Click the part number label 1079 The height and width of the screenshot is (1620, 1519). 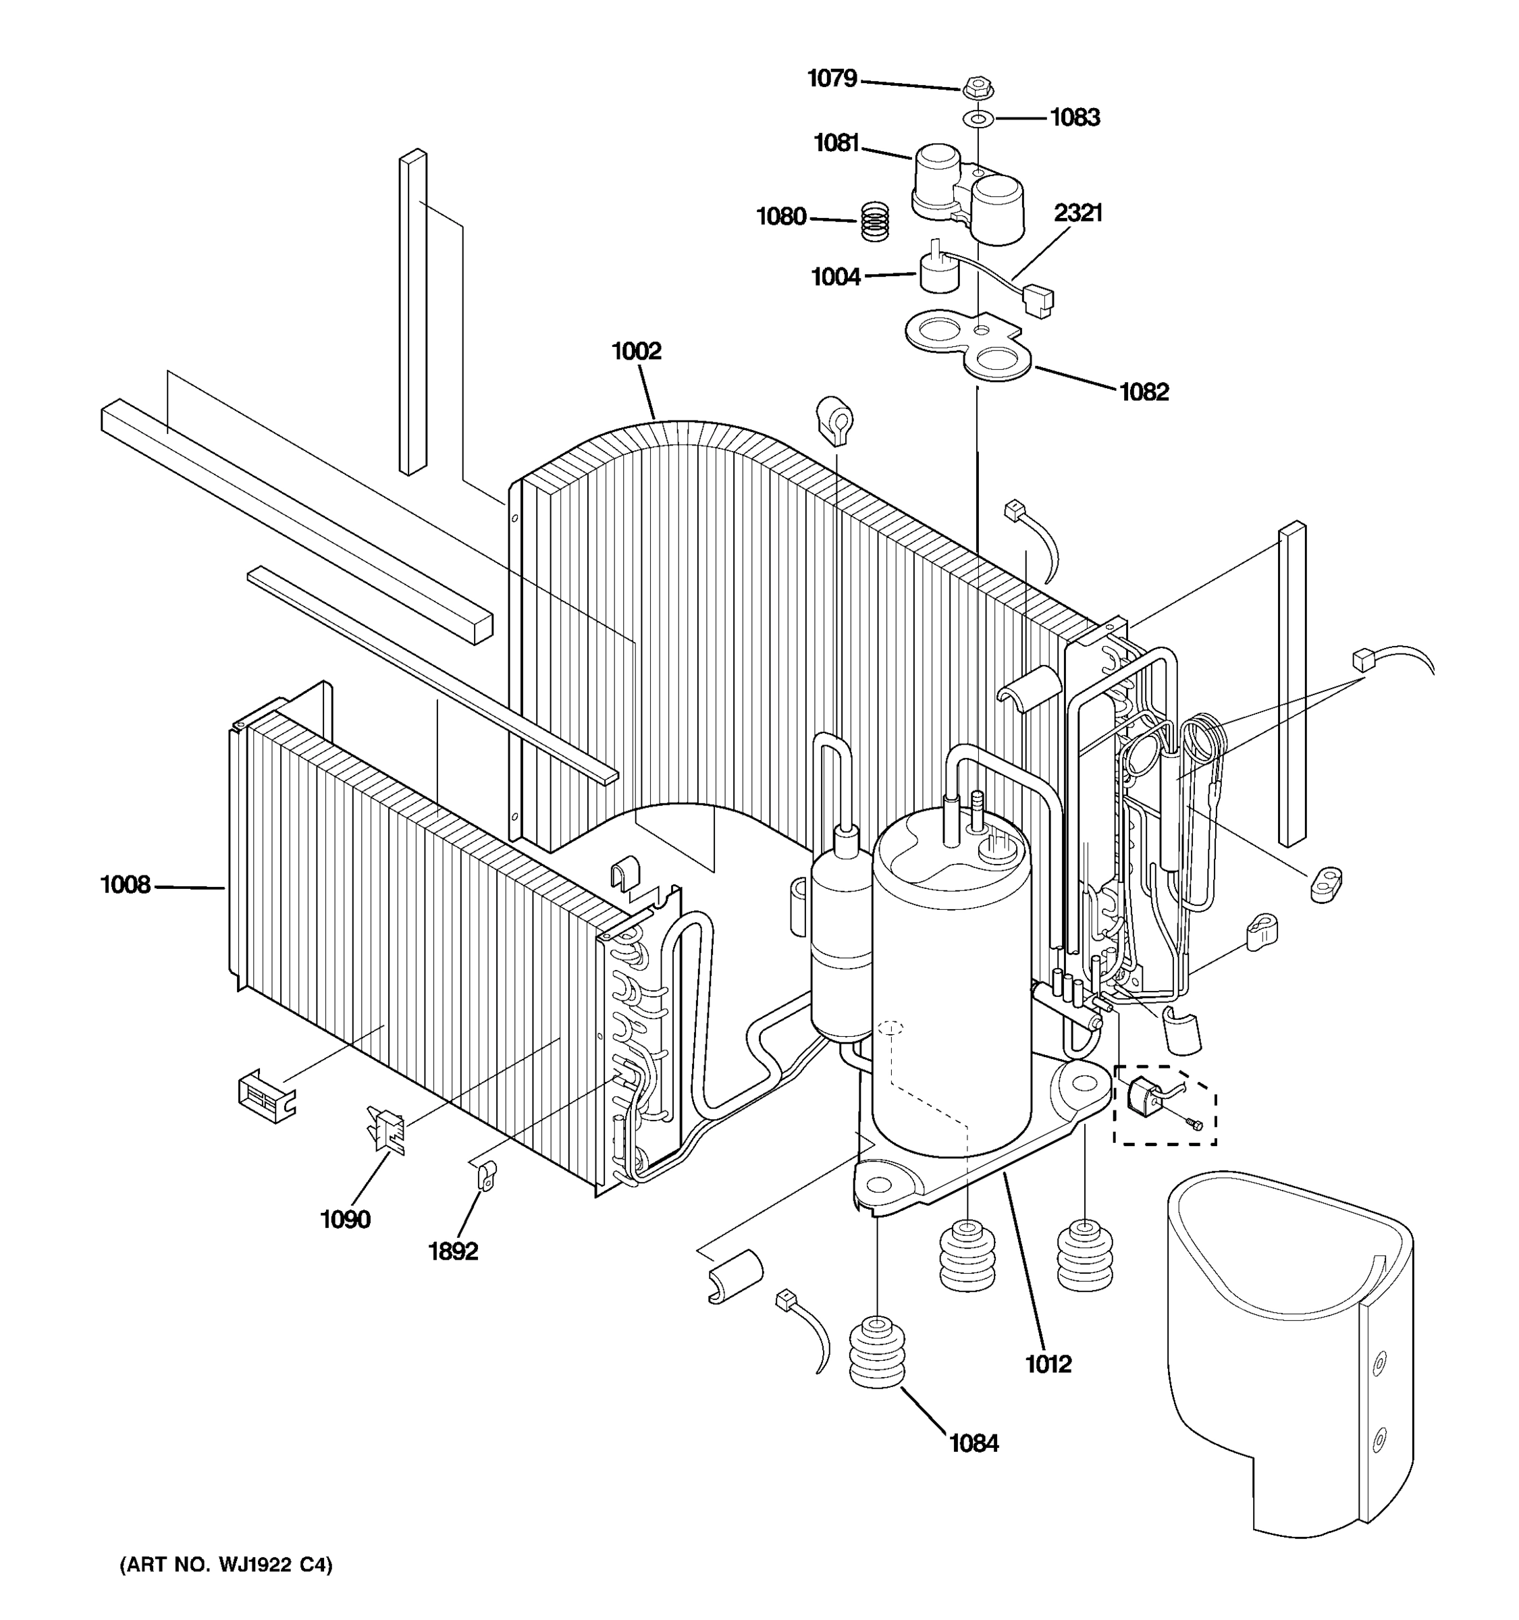[831, 78]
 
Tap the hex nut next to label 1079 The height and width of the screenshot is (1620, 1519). [976, 87]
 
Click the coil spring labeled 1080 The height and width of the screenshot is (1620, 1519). [875, 221]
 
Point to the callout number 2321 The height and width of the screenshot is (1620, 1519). [1077, 213]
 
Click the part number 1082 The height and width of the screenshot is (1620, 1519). [1144, 392]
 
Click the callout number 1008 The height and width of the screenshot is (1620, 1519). [125, 884]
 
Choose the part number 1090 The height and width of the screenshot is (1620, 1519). [345, 1220]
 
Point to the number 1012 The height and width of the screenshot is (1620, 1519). [1048, 1364]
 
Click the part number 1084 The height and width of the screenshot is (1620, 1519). [973, 1444]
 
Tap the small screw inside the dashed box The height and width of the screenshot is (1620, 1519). [1196, 1125]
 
